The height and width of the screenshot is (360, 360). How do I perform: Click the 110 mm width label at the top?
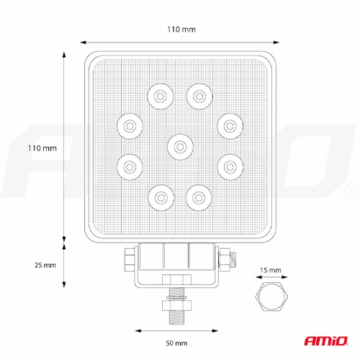pos(181,30)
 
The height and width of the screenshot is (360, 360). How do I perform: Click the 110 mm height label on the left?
pos(42,148)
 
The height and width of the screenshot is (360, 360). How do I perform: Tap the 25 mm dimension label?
pos(45,265)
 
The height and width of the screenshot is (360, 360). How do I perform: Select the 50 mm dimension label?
pos(176,343)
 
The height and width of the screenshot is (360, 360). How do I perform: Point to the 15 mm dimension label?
pos(271,270)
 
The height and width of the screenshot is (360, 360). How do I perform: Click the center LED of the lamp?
pos(180,147)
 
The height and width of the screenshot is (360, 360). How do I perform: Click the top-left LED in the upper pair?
pos(160,96)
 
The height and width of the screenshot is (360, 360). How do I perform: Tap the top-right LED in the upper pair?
pos(199,96)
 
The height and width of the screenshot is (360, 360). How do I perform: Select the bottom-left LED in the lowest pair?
pos(161,198)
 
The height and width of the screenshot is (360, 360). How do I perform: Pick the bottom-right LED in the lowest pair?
pos(199,198)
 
